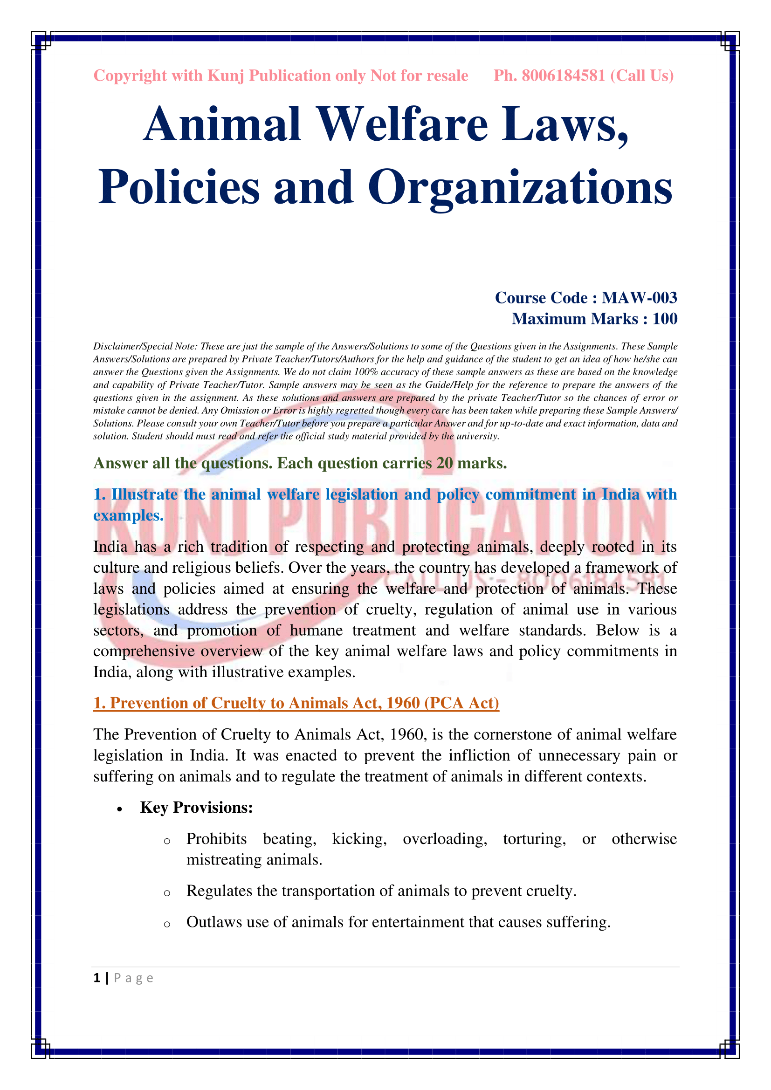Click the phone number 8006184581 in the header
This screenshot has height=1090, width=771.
click(563, 75)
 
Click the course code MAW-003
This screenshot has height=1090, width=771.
click(639, 298)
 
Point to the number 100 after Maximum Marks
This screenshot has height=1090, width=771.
click(665, 319)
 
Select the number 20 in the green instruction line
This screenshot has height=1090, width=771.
click(444, 463)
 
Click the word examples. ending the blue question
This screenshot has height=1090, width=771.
click(128, 515)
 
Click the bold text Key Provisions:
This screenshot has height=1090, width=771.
click(196, 808)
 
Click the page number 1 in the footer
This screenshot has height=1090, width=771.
click(97, 978)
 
